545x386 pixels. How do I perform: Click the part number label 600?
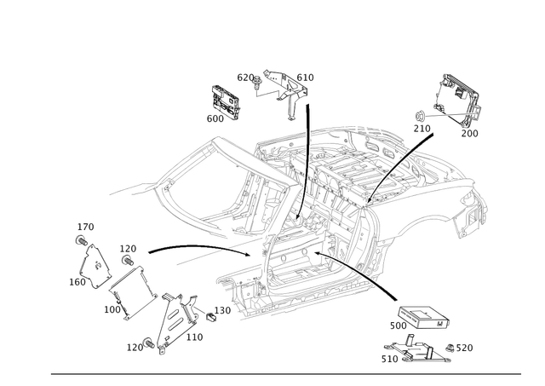pyautogui.click(x=215, y=118)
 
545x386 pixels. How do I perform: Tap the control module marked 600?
pyautogui.click(x=225, y=101)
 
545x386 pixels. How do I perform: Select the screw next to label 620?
pyautogui.click(x=257, y=83)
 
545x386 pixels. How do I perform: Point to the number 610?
pyautogui.click(x=305, y=78)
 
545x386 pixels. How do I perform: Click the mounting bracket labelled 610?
pyautogui.click(x=287, y=92)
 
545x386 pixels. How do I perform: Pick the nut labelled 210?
pyautogui.click(x=419, y=116)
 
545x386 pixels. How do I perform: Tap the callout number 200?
pyautogui.click(x=469, y=133)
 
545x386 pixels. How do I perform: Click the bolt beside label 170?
pyautogui.click(x=82, y=240)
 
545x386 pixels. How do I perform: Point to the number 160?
pyautogui.click(x=77, y=282)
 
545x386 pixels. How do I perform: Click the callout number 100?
pyautogui.click(x=112, y=309)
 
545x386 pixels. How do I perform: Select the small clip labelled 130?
pyautogui.click(x=210, y=317)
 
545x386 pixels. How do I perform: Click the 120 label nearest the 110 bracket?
pyautogui.click(x=135, y=347)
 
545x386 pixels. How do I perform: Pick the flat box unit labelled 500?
pyautogui.click(x=424, y=317)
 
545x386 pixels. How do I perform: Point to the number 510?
pyautogui.click(x=390, y=359)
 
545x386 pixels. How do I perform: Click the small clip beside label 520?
pyautogui.click(x=450, y=349)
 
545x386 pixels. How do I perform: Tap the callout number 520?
pyautogui.click(x=464, y=348)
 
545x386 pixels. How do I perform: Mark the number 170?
pyautogui.click(x=85, y=227)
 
